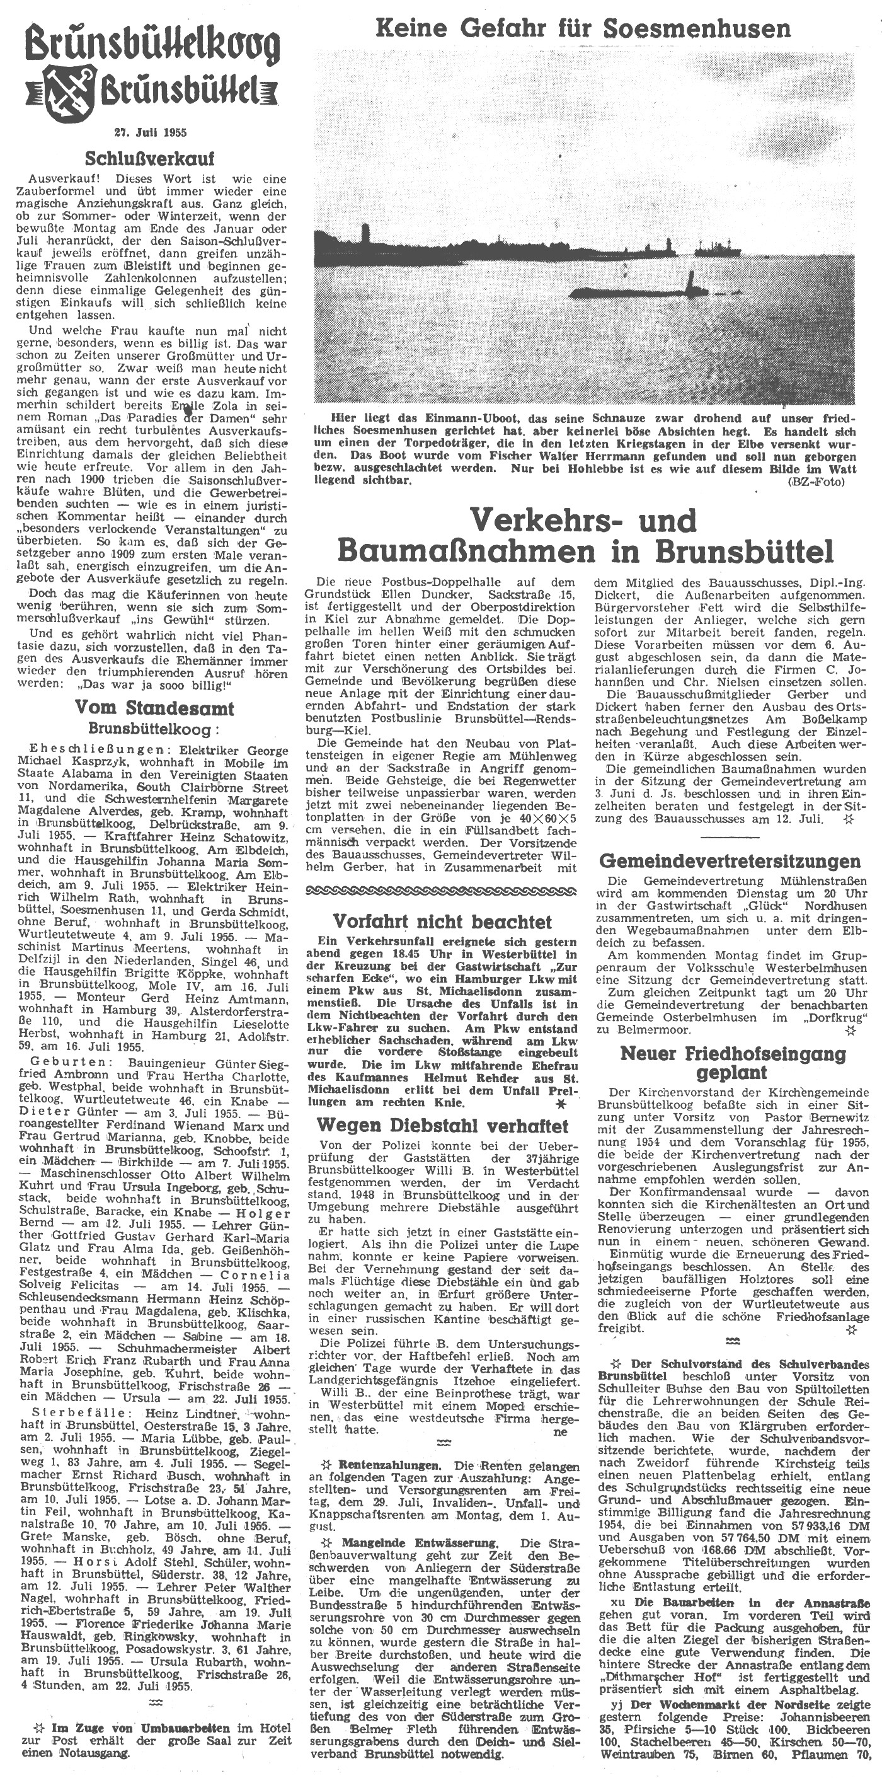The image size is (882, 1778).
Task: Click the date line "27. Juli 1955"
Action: (x=151, y=131)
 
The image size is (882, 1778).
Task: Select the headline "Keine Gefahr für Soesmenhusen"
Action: (x=583, y=28)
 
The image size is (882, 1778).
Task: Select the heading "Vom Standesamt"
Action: (x=154, y=708)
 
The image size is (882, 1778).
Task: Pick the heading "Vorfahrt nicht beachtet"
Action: (x=442, y=921)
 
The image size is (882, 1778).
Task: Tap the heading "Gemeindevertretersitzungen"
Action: (x=730, y=862)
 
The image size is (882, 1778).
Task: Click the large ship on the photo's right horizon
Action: (x=718, y=247)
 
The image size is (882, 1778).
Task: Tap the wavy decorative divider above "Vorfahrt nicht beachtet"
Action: (x=442, y=892)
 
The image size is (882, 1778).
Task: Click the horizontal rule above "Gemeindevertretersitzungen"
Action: (x=730, y=836)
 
